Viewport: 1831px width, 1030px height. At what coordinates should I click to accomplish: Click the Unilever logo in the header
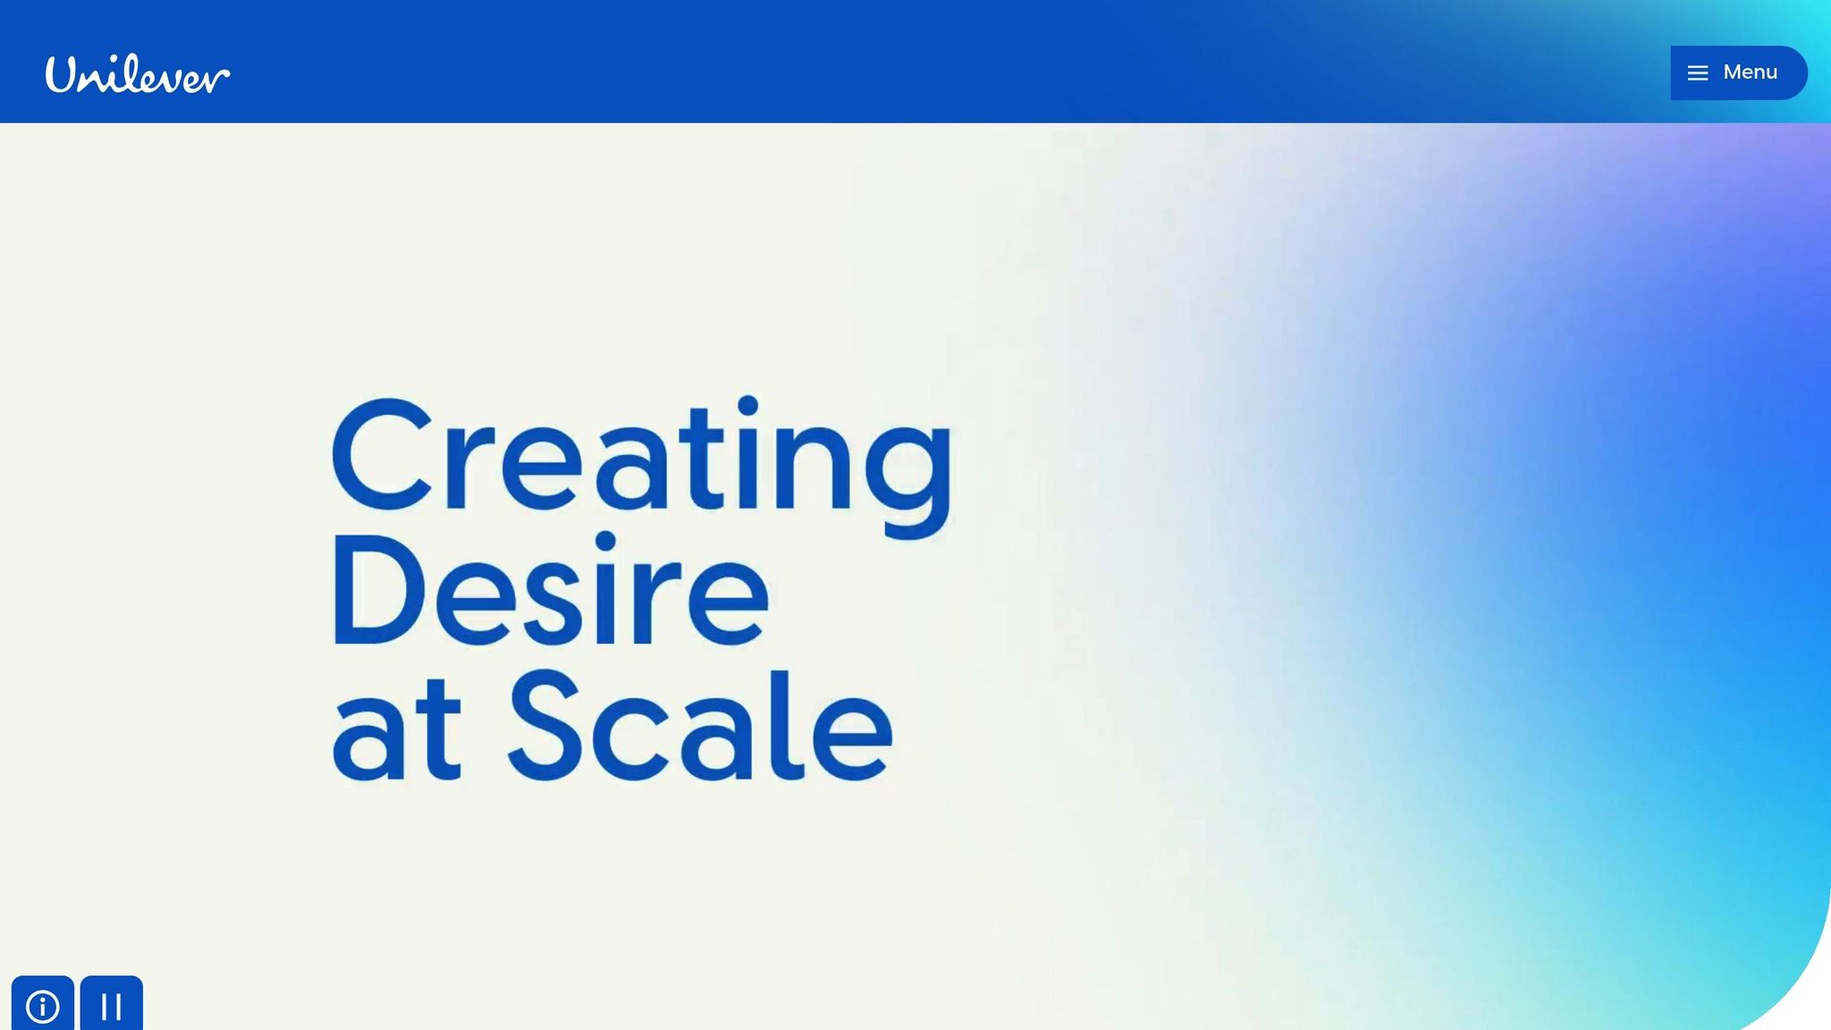click(138, 74)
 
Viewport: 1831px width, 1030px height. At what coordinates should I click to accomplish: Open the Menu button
click(1738, 72)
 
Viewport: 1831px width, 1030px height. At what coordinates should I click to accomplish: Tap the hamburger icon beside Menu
click(1698, 73)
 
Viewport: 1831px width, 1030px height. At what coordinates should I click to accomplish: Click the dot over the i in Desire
click(605, 542)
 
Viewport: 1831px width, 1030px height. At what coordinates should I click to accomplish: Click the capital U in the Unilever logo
click(64, 74)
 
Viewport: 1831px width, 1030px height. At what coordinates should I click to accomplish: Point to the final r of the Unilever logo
click(218, 78)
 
